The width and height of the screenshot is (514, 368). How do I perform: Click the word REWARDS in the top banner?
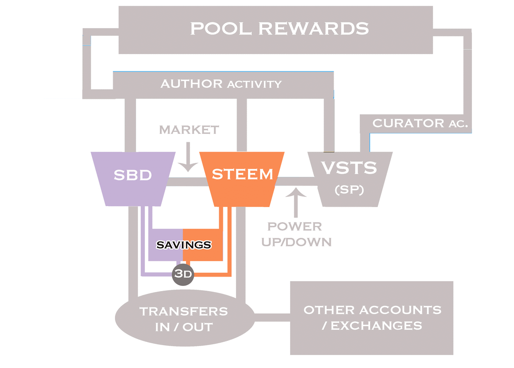pyautogui.click(x=314, y=28)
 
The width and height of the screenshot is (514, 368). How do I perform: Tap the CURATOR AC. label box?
pyautogui.click(x=415, y=124)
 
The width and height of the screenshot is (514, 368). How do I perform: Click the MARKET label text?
pyautogui.click(x=189, y=130)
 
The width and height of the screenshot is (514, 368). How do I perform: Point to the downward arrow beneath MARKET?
pyautogui.click(x=189, y=158)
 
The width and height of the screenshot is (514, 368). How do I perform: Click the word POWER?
pyautogui.click(x=295, y=227)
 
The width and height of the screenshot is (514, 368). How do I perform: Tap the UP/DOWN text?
pyautogui.click(x=296, y=243)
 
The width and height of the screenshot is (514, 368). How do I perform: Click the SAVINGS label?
pyautogui.click(x=183, y=244)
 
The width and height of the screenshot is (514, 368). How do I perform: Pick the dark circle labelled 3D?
pyautogui.click(x=183, y=274)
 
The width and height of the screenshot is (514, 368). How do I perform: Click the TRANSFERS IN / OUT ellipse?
pyautogui.click(x=184, y=319)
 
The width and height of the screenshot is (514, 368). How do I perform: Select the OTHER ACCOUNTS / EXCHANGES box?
pyautogui.click(x=371, y=318)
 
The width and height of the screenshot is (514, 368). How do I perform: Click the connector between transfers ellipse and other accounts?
pyautogui.click(x=272, y=319)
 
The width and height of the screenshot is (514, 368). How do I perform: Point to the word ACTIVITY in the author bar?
pyautogui.click(x=254, y=84)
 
